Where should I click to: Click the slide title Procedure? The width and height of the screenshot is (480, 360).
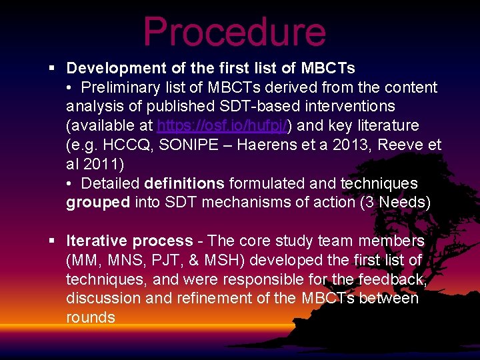[x=234, y=32]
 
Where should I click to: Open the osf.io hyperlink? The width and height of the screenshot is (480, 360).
[x=221, y=125]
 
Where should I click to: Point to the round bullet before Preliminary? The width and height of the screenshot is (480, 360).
[x=70, y=88]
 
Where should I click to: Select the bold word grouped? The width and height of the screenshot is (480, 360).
[x=98, y=203]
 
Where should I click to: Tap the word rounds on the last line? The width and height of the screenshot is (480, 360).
[x=91, y=317]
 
